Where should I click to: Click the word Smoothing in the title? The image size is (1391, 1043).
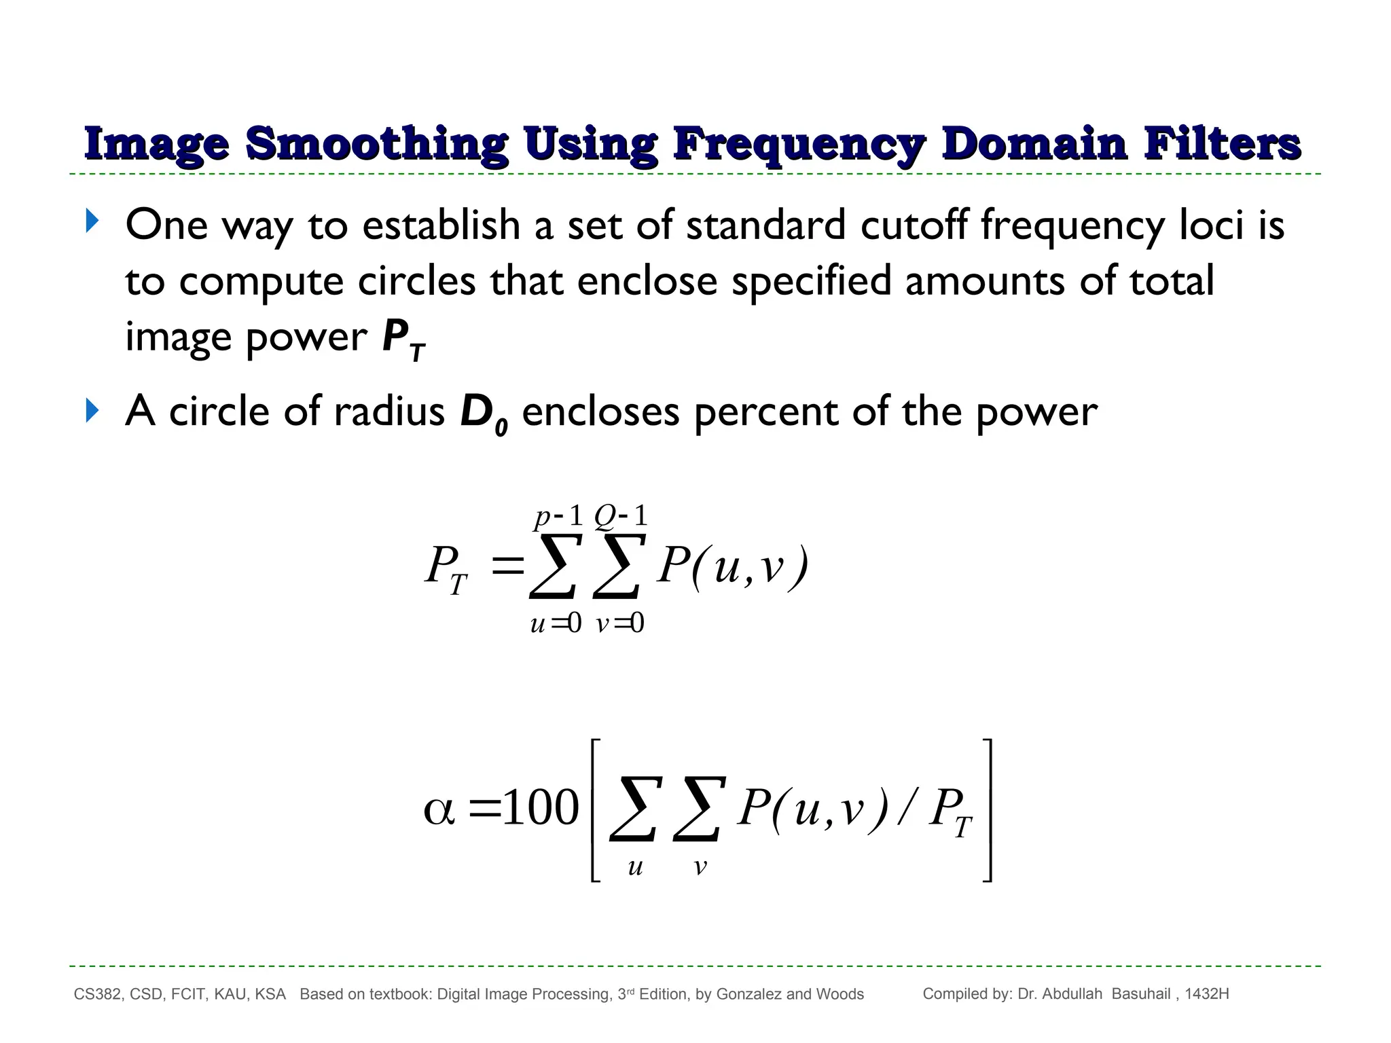click(376, 144)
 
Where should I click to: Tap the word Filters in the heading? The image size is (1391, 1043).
click(1222, 144)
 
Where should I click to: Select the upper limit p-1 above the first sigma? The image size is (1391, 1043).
click(558, 517)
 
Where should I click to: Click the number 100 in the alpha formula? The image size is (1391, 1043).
click(540, 809)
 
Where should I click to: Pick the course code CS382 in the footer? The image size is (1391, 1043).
click(98, 995)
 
